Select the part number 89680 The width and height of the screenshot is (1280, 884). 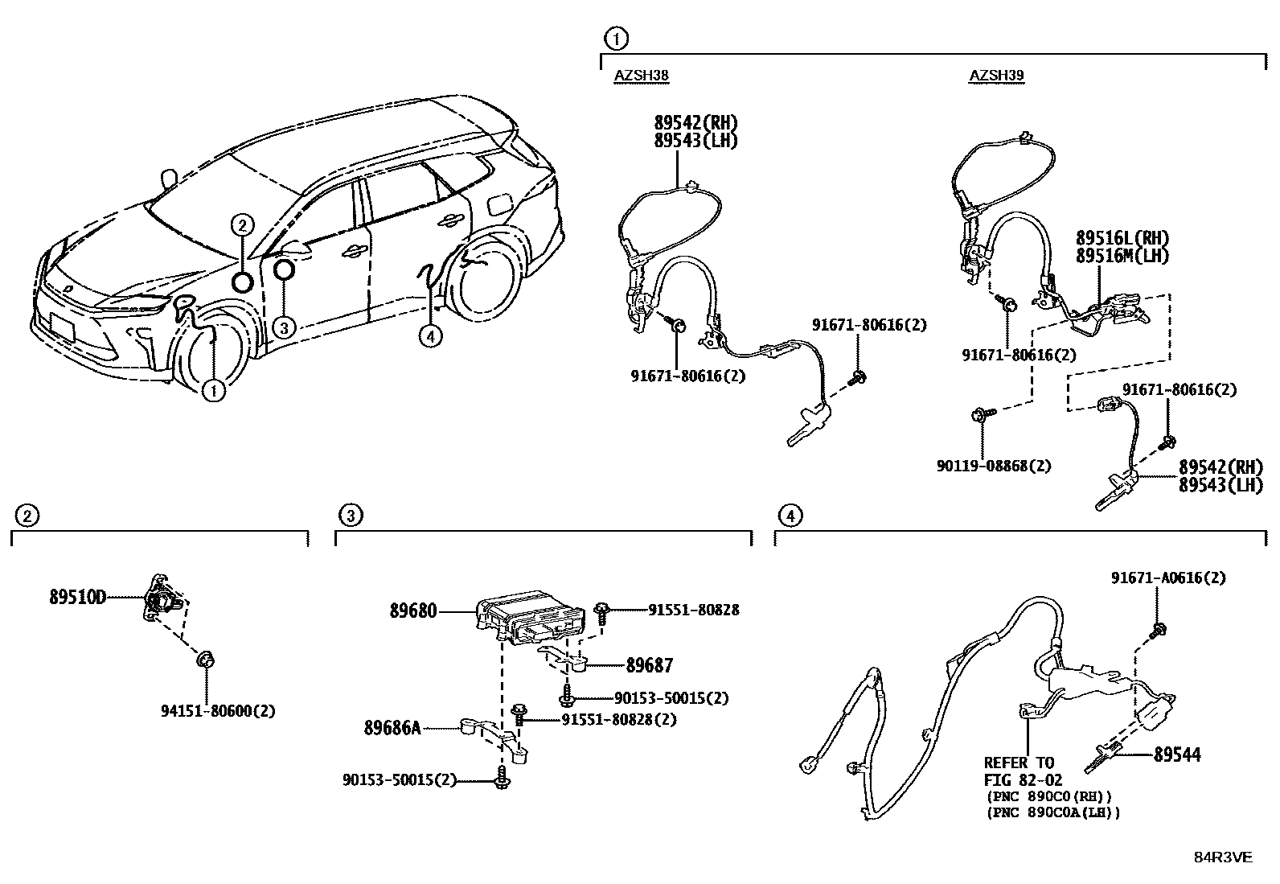(413, 611)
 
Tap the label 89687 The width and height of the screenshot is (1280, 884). (650, 665)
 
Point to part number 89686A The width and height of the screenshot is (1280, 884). (392, 728)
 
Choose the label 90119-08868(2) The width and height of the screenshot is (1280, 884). (994, 466)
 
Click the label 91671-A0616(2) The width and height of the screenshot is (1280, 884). (1168, 578)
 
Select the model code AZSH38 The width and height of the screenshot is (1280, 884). (642, 76)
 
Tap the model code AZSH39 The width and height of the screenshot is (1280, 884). (996, 76)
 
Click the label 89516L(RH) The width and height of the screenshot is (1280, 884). (1122, 238)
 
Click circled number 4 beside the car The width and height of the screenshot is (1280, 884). (430, 336)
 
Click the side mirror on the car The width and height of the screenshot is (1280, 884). (293, 248)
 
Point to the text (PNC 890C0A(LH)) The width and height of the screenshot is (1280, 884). (1052, 812)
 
